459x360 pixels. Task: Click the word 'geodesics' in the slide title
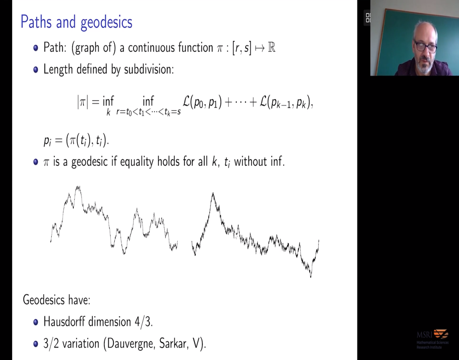point(107,22)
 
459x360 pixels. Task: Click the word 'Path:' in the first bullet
point(55,47)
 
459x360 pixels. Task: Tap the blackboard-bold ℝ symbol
point(271,47)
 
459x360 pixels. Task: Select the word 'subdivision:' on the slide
point(149,69)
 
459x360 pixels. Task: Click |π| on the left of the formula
point(82,102)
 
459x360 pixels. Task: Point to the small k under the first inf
point(108,112)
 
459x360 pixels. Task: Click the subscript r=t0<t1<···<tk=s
point(148,112)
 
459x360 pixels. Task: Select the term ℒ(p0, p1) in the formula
point(202,102)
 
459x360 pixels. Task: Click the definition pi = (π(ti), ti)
point(76,141)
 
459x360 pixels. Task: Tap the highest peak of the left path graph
point(78,186)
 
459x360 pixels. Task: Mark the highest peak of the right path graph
point(213,193)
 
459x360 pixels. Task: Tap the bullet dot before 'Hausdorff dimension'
point(36,322)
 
